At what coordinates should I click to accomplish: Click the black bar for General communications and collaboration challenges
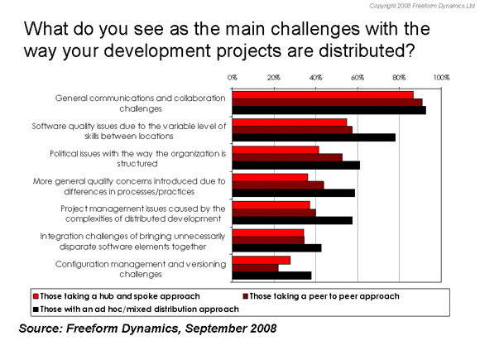coord(329,110)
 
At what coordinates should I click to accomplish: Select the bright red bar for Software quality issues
coord(290,122)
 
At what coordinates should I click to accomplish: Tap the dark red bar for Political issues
coord(287,157)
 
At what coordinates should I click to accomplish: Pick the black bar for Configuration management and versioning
coord(271,276)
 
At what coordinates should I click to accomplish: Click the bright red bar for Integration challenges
coord(268,233)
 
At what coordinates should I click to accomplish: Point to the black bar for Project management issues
coord(292,220)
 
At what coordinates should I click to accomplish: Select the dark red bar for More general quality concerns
coord(278,185)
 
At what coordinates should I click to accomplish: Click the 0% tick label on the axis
coord(233,78)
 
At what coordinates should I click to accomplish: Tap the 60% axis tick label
coord(358,78)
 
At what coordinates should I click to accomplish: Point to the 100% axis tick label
coord(441,78)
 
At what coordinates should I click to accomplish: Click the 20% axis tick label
coord(274,78)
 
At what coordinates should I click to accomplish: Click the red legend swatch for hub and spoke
coord(36,296)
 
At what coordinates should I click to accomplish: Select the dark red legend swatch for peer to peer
coord(246,296)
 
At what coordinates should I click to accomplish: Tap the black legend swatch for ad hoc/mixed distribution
coord(36,310)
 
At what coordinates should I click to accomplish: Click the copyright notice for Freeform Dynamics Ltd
coord(422,6)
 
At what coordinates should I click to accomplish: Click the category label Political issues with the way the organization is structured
coord(137,159)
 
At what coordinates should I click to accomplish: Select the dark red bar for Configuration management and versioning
coord(255,268)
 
